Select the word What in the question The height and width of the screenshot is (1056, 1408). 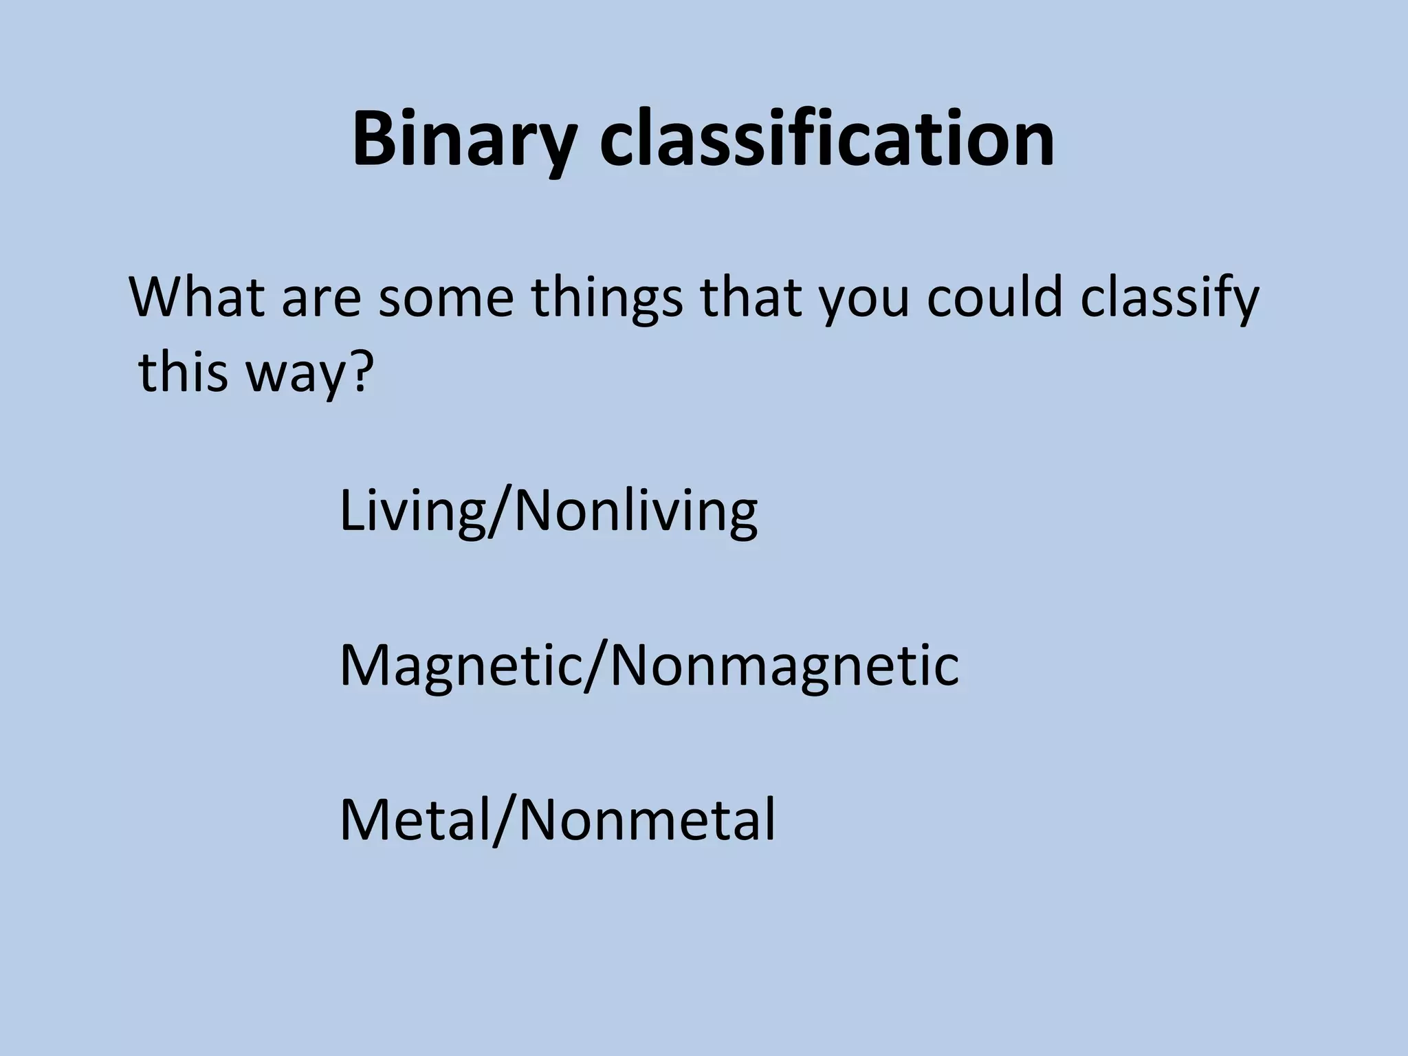point(198,297)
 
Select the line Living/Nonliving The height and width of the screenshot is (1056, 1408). point(548,512)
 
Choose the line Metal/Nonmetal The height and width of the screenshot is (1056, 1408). point(558,819)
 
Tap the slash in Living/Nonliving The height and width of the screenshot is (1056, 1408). point(500,512)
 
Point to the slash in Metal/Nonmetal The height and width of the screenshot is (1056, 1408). point(505,819)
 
